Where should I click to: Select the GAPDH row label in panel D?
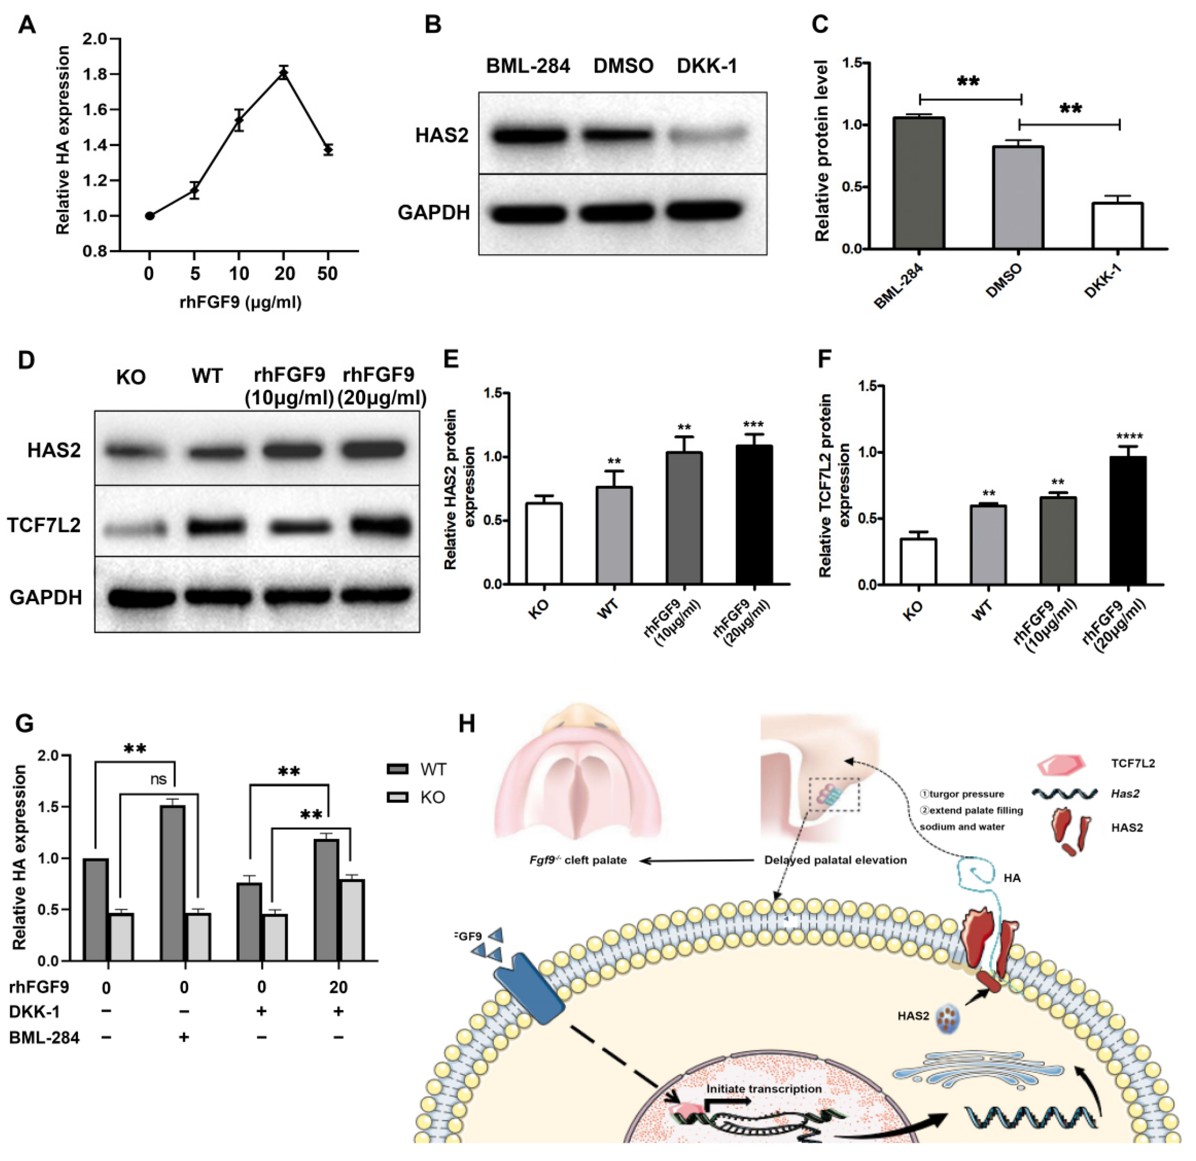(46, 597)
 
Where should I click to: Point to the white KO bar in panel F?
(919, 561)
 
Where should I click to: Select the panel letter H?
(467, 725)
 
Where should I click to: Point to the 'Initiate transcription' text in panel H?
(764, 1089)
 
